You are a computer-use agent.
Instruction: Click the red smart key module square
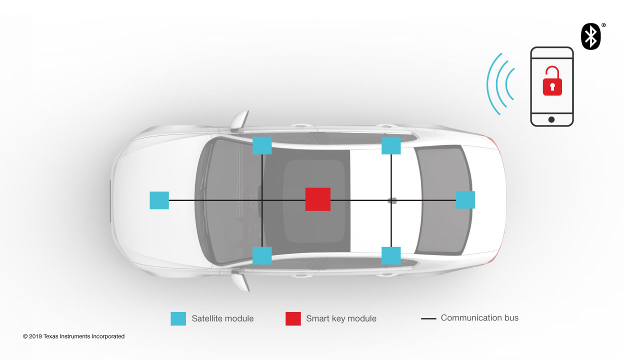318,199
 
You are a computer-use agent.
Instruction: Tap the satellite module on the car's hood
159,200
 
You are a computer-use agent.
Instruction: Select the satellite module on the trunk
465,199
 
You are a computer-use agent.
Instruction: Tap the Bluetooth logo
590,36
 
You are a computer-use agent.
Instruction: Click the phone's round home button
551,119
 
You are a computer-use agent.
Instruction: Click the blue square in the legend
178,318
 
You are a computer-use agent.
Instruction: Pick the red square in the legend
293,318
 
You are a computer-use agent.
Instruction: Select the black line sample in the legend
428,318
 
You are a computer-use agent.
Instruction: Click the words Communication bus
479,317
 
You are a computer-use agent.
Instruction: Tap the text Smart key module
341,318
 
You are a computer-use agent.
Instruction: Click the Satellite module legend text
222,318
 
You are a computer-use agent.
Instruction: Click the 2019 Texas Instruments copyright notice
73,336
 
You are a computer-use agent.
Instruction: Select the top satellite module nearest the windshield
262,145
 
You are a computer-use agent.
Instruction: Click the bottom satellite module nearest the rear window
391,255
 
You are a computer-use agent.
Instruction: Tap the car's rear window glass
442,200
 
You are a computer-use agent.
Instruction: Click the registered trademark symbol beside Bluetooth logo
603,25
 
